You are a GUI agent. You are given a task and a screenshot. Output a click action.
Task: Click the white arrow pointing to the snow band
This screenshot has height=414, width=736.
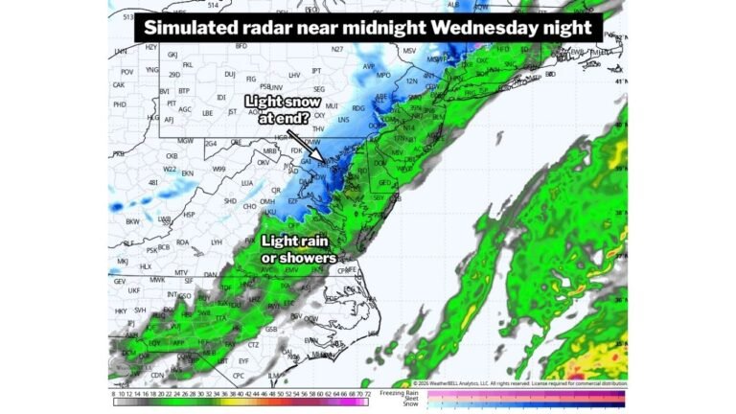(305, 147)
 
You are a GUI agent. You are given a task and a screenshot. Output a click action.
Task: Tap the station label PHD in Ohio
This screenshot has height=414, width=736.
(120, 103)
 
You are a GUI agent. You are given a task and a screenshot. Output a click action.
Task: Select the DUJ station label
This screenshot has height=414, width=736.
(229, 74)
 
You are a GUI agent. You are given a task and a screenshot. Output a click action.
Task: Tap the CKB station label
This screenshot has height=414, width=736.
(172, 155)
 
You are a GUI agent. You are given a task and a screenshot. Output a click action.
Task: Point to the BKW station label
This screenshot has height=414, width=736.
(132, 220)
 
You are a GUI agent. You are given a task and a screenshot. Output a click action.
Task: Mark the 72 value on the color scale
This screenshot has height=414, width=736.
(365, 393)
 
